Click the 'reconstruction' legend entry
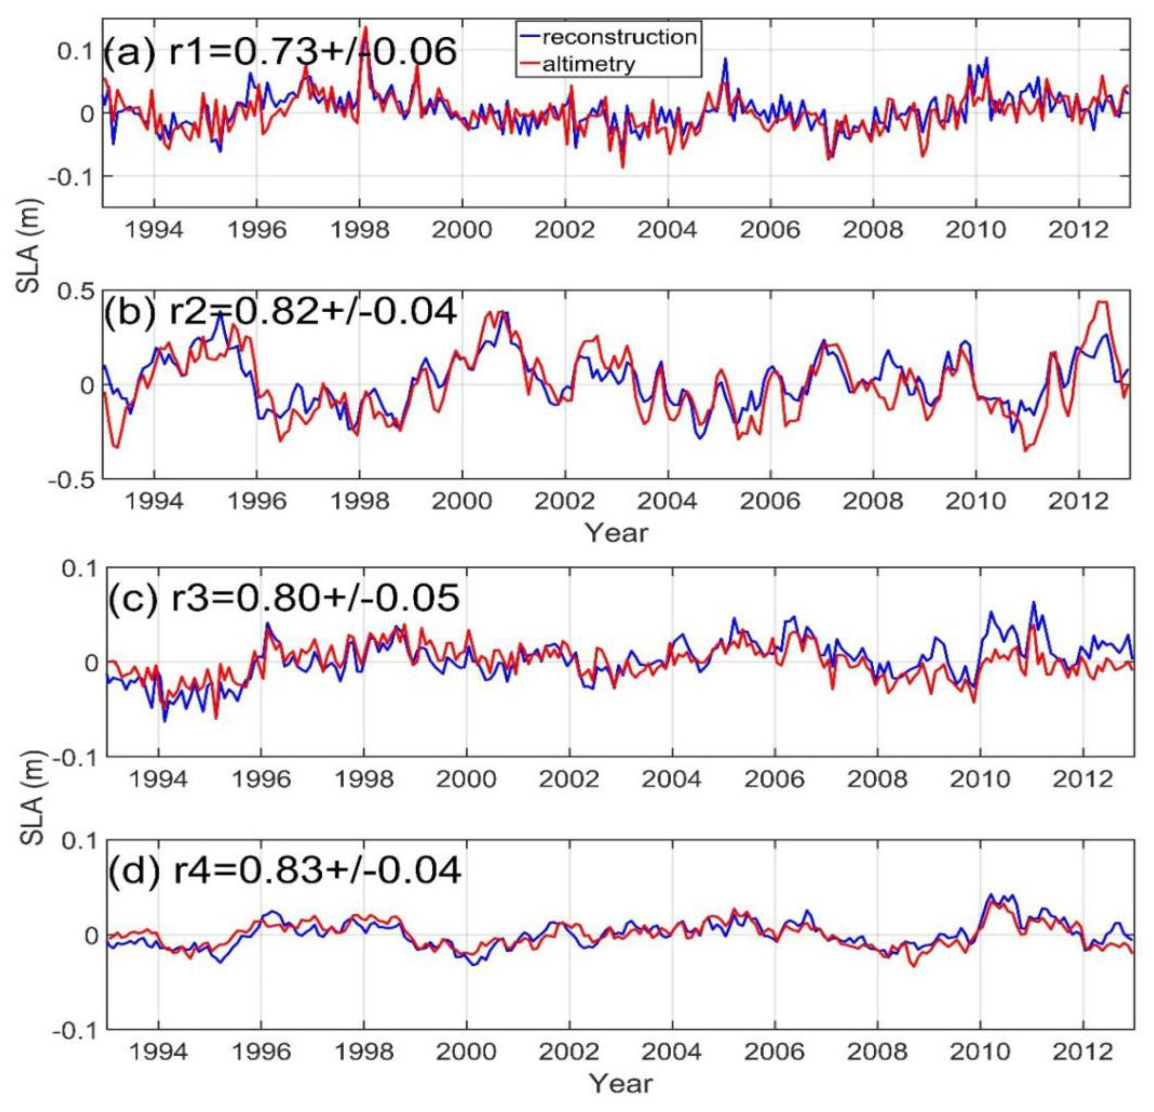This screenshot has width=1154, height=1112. (x=618, y=37)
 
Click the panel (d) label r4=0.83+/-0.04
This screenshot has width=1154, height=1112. (x=284, y=870)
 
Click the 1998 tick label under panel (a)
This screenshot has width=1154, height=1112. (x=359, y=230)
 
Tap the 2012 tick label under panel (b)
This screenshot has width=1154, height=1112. (x=1079, y=501)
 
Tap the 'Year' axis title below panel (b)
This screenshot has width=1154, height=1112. (x=616, y=533)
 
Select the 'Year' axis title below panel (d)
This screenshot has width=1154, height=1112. (x=621, y=1083)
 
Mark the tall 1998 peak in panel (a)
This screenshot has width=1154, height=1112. (x=365, y=28)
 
